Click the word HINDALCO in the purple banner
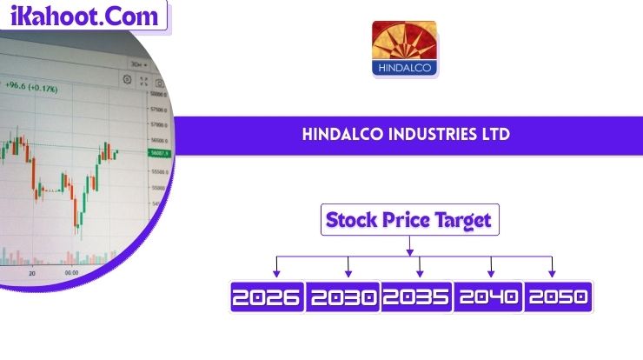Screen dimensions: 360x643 pyautogui.click(x=339, y=135)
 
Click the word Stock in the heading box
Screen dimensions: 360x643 pyautogui.click(x=350, y=221)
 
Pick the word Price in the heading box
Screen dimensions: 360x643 pyautogui.click(x=405, y=221)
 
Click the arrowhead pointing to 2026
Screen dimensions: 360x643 pyautogui.click(x=276, y=273)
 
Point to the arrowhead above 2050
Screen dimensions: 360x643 pyautogui.click(x=552, y=273)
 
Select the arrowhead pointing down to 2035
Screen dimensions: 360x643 pyautogui.click(x=420, y=273)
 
